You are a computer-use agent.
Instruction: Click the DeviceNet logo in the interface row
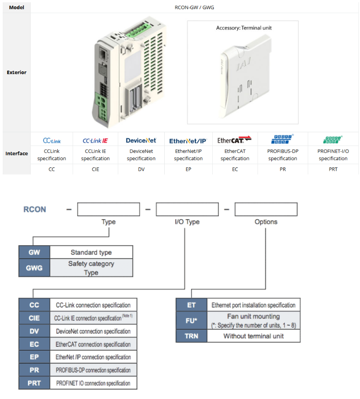click(141, 140)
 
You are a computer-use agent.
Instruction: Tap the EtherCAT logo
click(235, 140)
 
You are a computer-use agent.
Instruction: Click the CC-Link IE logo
click(95, 140)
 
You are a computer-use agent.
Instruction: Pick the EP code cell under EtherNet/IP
click(188, 169)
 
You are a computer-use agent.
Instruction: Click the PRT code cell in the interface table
click(333, 169)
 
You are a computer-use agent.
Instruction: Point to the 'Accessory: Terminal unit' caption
click(244, 28)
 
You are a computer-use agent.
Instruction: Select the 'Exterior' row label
click(16, 72)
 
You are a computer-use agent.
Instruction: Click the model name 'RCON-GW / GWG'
click(194, 7)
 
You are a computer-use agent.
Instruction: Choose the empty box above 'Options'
click(266, 210)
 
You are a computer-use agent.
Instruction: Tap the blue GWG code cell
click(34, 268)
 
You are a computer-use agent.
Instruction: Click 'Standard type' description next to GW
click(91, 252)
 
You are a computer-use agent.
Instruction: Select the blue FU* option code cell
click(192, 320)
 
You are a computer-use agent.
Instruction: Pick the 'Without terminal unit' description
click(253, 336)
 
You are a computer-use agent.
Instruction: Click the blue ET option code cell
click(192, 305)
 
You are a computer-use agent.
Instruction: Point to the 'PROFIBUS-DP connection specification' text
click(93, 370)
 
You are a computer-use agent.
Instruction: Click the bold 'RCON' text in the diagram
click(35, 210)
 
